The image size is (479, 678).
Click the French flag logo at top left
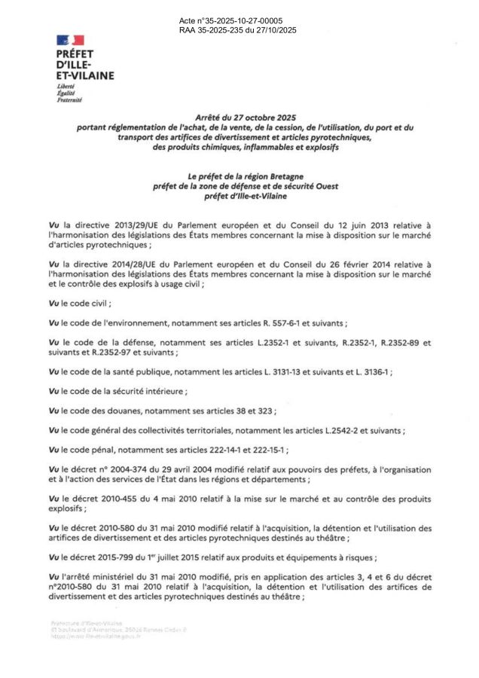click(x=70, y=40)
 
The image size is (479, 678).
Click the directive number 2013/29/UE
click(x=121, y=225)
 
